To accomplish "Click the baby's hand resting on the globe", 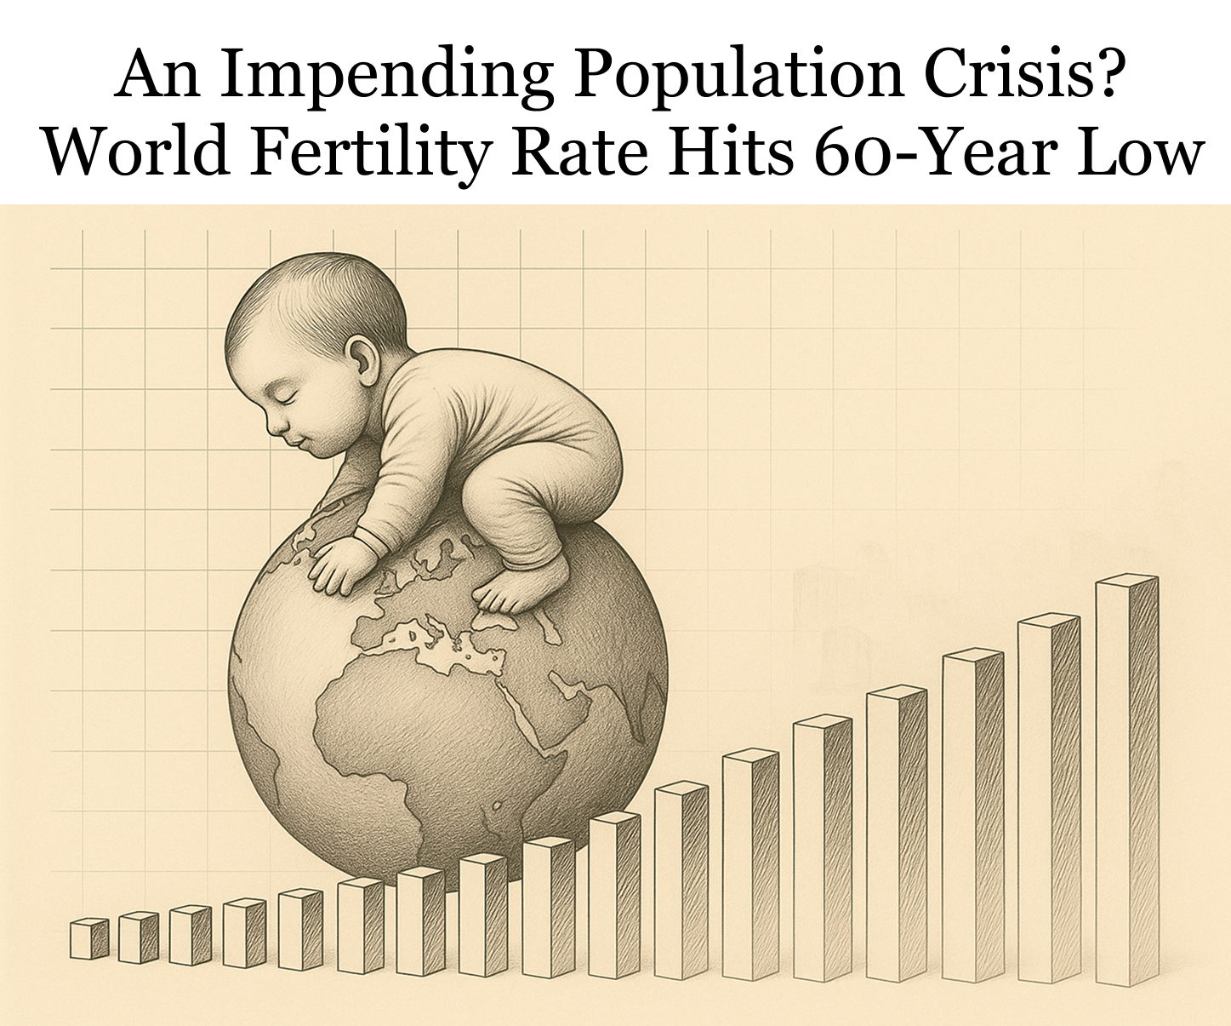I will click(x=340, y=566).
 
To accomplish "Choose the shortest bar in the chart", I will click(x=88, y=939).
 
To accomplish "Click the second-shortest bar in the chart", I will click(x=138, y=937).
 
